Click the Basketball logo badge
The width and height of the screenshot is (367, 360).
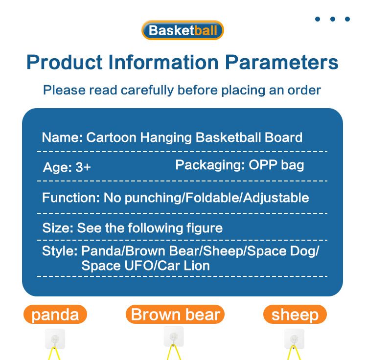point(183,30)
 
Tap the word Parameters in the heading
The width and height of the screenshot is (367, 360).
point(281,63)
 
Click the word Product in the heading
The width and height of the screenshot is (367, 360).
point(65,62)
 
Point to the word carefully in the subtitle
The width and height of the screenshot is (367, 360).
point(147,90)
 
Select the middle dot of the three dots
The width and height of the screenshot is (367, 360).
point(332,19)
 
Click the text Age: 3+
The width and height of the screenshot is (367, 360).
point(67,167)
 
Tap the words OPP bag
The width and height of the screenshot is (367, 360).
point(276,165)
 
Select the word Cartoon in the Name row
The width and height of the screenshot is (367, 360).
point(111,137)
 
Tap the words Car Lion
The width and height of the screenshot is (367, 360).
point(183,266)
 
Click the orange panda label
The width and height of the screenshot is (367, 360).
point(55,315)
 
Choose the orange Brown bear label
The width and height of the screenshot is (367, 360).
point(175,315)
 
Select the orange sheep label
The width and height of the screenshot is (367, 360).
point(295,315)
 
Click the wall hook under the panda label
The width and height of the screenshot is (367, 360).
point(55,338)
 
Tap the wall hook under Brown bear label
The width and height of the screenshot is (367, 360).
point(174,337)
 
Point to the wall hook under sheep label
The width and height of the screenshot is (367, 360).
point(294,338)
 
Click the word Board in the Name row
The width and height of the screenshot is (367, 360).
point(283,137)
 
